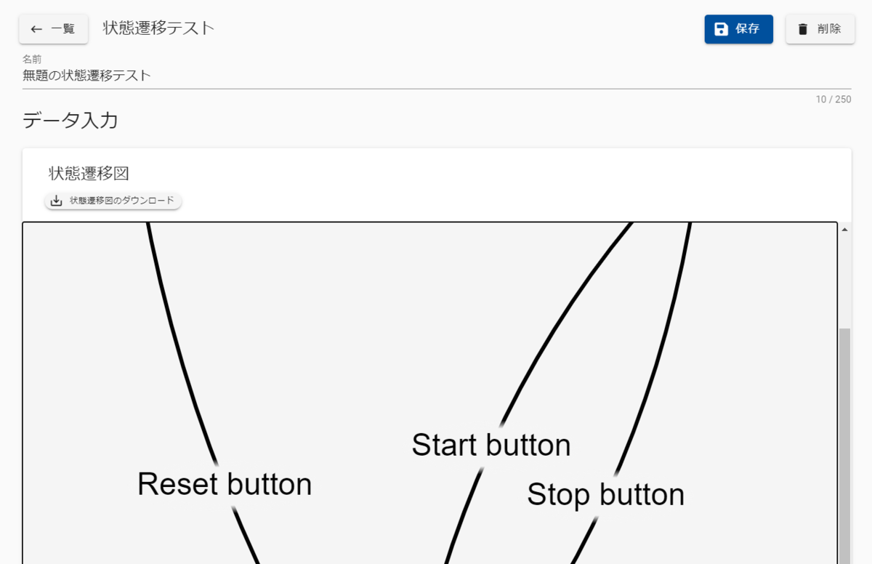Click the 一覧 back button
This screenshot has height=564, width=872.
tap(53, 29)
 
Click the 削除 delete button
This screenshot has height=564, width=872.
tap(820, 29)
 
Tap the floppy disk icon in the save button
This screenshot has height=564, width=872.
tap(721, 29)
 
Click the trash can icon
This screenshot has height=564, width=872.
tap(802, 29)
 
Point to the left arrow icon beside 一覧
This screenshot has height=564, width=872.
tap(36, 29)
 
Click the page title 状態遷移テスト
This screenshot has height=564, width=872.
tap(158, 28)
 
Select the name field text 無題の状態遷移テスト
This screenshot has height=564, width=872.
tap(87, 75)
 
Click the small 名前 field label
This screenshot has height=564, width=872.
tap(32, 59)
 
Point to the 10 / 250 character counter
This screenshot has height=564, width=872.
tap(833, 100)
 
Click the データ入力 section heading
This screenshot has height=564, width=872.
tap(70, 121)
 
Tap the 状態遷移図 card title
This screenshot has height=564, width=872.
tap(89, 173)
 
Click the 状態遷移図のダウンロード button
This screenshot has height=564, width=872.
tap(113, 201)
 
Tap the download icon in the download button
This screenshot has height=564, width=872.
tap(57, 201)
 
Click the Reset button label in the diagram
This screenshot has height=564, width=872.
tap(225, 484)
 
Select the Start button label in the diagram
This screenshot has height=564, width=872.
tap(490, 445)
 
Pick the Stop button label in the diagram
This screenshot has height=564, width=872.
tap(605, 495)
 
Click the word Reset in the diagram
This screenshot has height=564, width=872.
tap(178, 484)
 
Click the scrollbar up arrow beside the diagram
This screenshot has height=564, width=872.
tap(844, 229)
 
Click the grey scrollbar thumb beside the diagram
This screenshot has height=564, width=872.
tap(844, 436)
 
